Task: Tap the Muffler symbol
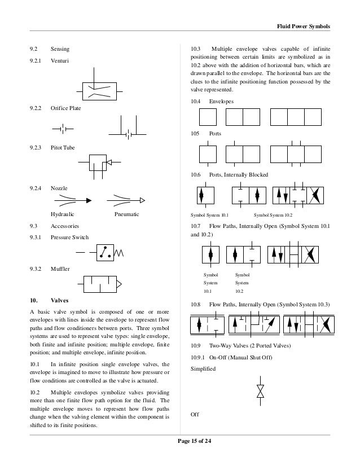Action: (x=100, y=283)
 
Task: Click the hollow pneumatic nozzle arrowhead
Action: (x=142, y=199)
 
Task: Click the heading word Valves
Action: (x=60, y=300)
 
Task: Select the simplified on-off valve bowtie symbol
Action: (x=260, y=391)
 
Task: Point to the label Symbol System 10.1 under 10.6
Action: (x=210, y=216)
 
